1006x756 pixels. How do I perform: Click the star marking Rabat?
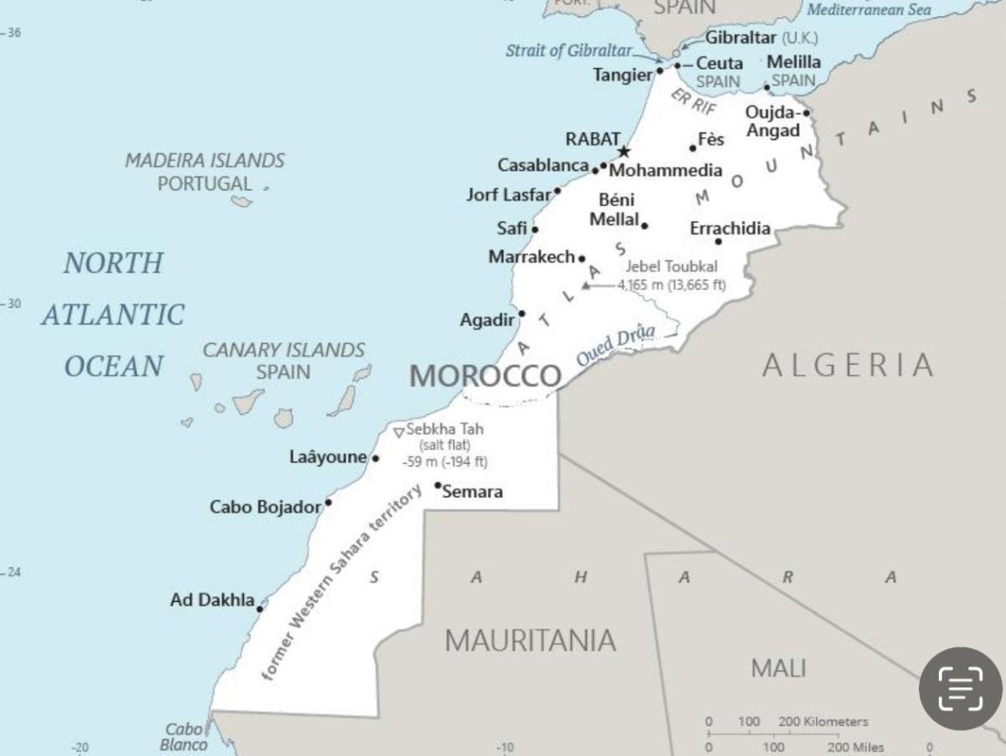(x=624, y=152)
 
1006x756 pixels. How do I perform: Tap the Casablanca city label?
(x=542, y=166)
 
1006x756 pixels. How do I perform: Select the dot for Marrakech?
(x=582, y=259)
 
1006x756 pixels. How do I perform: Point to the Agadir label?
(x=486, y=320)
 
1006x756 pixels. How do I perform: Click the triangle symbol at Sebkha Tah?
(x=398, y=432)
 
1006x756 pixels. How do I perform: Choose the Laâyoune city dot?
(x=376, y=458)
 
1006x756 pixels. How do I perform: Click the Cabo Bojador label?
(x=265, y=507)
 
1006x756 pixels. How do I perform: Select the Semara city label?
(x=472, y=492)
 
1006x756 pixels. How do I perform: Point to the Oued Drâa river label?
(x=615, y=345)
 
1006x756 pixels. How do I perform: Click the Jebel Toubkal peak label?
(x=672, y=267)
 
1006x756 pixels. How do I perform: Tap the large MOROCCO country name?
(x=485, y=376)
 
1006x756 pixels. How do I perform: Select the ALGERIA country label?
(x=848, y=365)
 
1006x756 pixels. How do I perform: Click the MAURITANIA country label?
(x=530, y=641)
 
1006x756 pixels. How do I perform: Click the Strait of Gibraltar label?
(x=568, y=50)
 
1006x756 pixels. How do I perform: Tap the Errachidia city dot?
(x=718, y=242)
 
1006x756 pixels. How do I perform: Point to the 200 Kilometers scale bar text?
(x=823, y=722)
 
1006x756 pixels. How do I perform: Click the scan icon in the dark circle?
(x=960, y=688)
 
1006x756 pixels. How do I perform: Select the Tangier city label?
(x=622, y=75)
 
